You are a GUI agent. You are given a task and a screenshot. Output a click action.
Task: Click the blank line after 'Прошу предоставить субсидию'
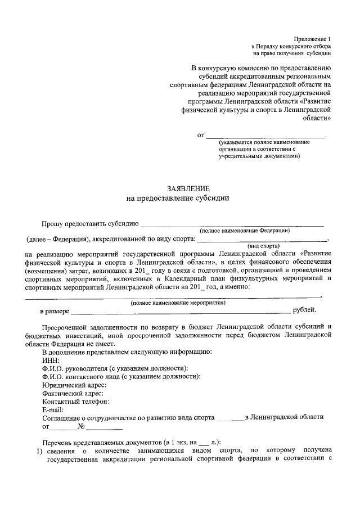[x=231, y=224]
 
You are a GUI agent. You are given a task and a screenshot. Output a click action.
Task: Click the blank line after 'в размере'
[x=181, y=311]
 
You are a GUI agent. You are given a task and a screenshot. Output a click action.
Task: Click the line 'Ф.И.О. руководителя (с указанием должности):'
[x=115, y=368]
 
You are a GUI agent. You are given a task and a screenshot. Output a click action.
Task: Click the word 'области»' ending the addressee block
[x=317, y=119]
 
